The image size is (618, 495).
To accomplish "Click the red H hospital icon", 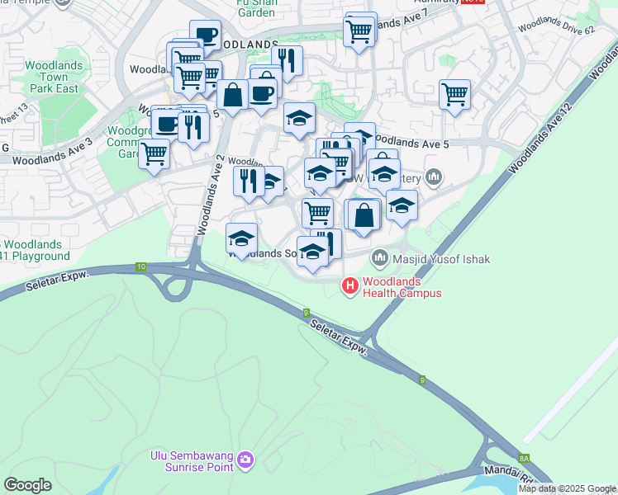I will (x=350, y=286).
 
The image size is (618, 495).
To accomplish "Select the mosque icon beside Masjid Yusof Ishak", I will (x=380, y=258).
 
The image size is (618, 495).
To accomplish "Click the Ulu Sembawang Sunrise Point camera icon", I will (x=245, y=460).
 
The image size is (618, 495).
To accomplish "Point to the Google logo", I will (x=27, y=485).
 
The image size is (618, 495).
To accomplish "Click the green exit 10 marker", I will (x=141, y=266).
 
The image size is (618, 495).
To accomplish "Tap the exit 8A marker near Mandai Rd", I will (x=523, y=458).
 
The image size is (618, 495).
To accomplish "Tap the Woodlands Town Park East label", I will (x=51, y=76).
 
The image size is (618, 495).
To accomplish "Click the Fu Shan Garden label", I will (x=255, y=8).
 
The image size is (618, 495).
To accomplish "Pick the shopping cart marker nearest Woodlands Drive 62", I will (x=454, y=96).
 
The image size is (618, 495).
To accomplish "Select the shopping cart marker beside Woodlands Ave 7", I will (x=359, y=33).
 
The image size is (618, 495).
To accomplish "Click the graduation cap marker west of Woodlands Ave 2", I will (x=240, y=239).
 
